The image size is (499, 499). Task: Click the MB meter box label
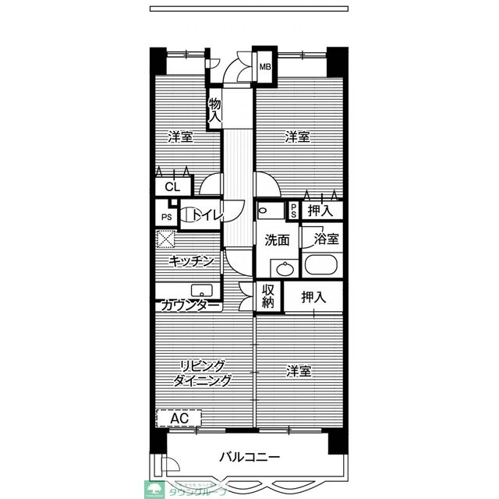[264, 68]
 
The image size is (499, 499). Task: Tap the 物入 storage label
[214, 110]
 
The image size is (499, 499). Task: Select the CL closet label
[172, 187]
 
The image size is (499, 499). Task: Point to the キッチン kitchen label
[191, 262]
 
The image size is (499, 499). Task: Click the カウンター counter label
[192, 306]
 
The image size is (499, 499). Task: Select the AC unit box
[179, 419]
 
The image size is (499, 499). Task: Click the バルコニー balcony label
[249, 456]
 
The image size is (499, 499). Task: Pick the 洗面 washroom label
[276, 240]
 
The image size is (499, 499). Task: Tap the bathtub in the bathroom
[323, 264]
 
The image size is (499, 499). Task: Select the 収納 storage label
[268, 296]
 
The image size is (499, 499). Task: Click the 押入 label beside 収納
[313, 296]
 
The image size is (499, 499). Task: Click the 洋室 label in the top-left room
[180, 138]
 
